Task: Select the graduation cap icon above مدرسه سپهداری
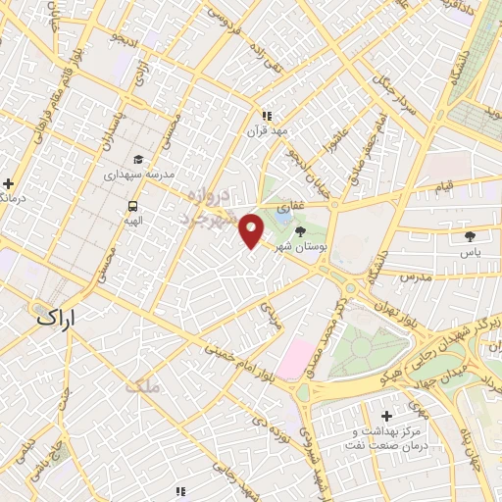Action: click(138, 160)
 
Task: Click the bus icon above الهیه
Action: click(132, 206)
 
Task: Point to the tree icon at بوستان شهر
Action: click(299, 230)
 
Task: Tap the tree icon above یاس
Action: click(471, 236)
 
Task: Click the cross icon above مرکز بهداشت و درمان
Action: click(386, 416)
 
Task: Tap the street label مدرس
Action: click(415, 278)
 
